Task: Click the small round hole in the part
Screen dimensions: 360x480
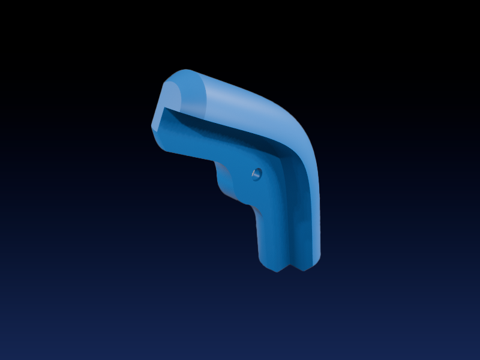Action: click(256, 174)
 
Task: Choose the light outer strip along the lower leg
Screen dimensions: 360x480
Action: click(313, 210)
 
